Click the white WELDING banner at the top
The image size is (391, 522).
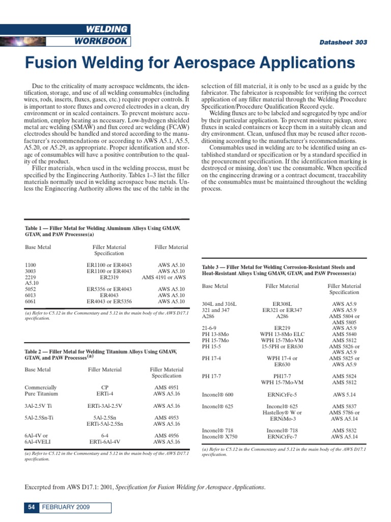(107, 29)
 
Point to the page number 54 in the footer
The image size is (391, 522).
(31, 507)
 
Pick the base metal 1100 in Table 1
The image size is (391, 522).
(31, 265)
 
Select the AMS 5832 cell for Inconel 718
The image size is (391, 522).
(344, 431)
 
